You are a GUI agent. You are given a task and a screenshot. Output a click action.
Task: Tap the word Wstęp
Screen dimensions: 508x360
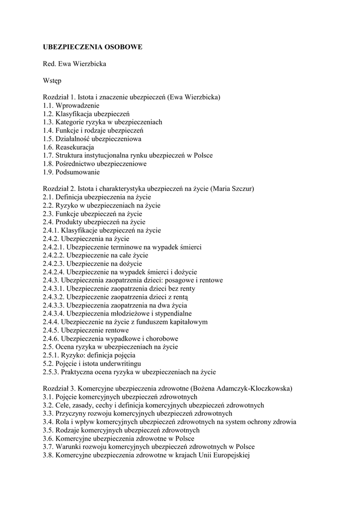[52, 80]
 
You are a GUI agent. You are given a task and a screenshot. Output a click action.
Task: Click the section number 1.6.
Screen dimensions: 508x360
[48, 147]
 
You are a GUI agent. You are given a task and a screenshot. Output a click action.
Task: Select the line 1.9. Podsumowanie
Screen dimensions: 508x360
[71, 172]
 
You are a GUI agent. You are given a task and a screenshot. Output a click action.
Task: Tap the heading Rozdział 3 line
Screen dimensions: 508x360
[167, 388]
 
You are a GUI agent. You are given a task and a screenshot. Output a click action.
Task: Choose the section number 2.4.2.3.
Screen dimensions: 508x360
[53, 264]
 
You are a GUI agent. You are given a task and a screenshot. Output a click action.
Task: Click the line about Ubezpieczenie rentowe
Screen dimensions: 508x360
[86, 330]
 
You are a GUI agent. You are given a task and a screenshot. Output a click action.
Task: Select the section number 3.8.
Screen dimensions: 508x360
[48, 455]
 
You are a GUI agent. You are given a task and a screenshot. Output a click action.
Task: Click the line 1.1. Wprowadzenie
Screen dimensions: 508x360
[71, 106]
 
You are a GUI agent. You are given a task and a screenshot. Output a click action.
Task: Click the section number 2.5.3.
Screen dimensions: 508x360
[51, 372]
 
